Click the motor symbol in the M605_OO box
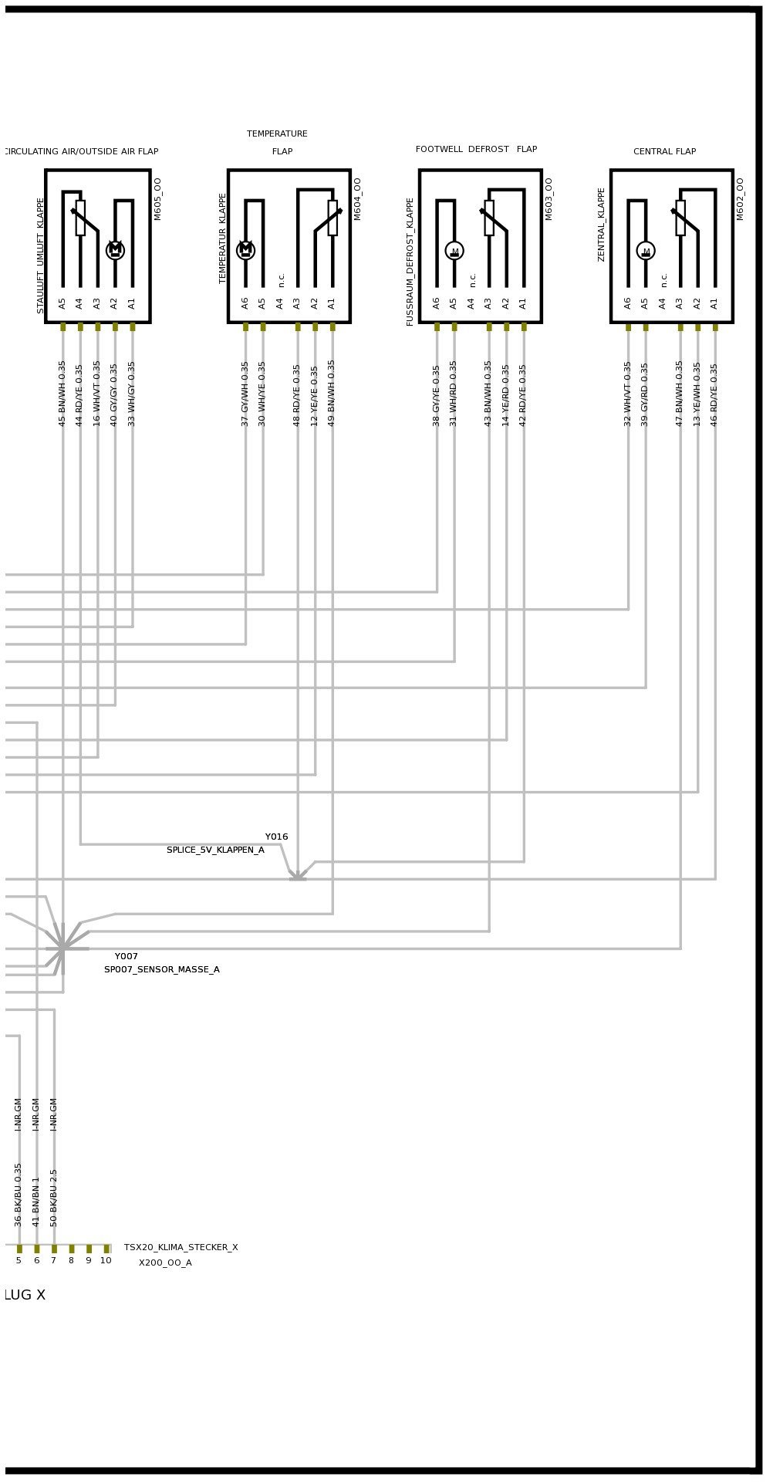point(115,250)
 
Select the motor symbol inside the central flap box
point(646,251)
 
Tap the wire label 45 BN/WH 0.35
point(62,394)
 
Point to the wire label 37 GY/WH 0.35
point(245,394)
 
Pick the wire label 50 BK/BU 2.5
point(54,1198)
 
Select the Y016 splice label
point(276,837)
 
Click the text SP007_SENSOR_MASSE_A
point(162,969)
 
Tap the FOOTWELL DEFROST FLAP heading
point(476,149)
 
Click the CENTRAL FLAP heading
point(664,151)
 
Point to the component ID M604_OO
point(358,199)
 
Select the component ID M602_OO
point(741,199)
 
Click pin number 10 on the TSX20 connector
point(106,1260)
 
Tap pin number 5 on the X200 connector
point(19,1260)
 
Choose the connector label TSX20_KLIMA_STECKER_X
point(181,1247)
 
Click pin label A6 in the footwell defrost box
point(437,303)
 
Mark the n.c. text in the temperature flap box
point(282,279)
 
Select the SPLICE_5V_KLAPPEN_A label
point(215,850)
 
